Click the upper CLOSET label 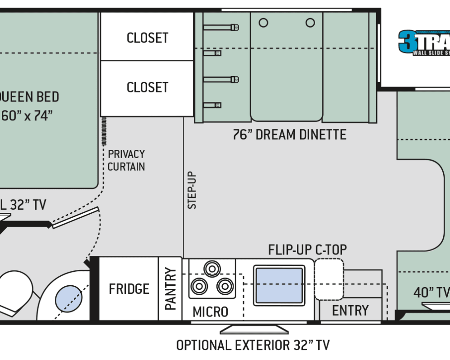point(148,38)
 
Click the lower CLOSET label point(148,87)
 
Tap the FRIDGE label point(129,289)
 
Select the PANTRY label point(170,289)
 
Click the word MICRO point(210,312)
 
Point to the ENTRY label point(350,311)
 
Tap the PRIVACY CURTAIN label point(126,160)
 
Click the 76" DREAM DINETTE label point(290,134)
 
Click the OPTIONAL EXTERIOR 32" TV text point(253,346)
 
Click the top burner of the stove point(211,269)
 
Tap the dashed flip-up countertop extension point(329,279)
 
